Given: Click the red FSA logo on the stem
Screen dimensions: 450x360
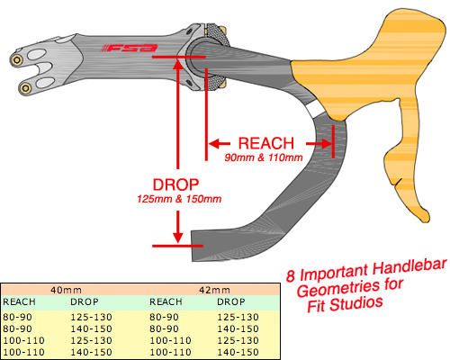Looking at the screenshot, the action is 130,49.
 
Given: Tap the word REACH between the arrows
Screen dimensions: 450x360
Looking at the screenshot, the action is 266,143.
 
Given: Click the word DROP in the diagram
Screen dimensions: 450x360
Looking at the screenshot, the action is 175,184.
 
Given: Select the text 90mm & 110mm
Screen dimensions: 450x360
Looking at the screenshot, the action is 264,157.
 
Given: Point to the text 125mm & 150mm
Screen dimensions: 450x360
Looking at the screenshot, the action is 179,199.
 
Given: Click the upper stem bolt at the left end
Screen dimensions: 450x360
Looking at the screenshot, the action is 17,60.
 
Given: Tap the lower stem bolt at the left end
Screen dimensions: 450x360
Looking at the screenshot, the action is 25,88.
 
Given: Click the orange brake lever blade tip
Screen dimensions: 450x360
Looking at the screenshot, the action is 425,218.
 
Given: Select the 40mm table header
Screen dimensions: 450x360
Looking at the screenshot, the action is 66,290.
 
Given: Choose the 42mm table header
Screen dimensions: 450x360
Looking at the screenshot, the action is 214,290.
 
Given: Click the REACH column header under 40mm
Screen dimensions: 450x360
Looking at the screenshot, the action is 19,301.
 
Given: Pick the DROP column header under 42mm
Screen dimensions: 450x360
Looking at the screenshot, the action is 231,301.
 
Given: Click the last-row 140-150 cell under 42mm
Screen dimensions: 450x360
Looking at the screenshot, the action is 238,352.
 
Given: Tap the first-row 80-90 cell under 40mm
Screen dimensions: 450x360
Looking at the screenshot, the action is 17,317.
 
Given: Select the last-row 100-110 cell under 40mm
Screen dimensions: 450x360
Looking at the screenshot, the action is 23,352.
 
